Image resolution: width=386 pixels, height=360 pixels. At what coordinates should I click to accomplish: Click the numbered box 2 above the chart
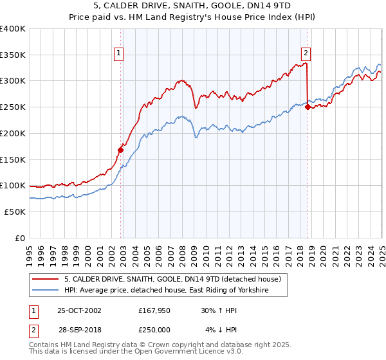pos(306,53)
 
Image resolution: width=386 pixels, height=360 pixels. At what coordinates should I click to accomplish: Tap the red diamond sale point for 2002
pos(120,150)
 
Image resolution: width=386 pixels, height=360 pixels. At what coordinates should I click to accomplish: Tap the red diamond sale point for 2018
pos(308,107)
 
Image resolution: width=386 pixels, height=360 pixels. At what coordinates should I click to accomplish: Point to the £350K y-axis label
pos(12,55)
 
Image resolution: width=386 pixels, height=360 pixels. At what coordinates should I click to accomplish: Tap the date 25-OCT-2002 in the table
pos(79,310)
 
